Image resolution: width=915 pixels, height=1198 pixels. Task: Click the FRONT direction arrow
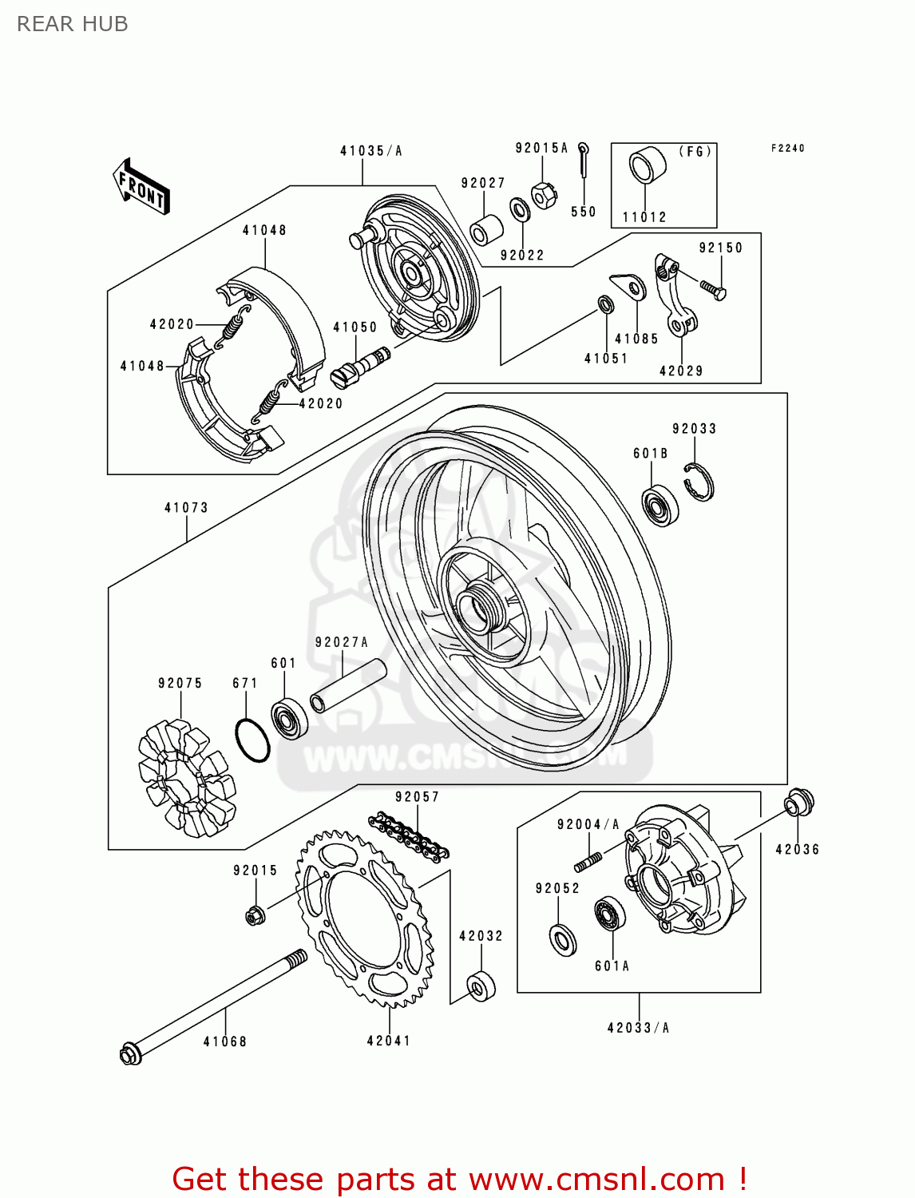click(142, 186)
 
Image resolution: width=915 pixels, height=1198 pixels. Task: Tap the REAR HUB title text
click(72, 24)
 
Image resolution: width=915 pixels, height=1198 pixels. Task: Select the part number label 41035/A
click(370, 151)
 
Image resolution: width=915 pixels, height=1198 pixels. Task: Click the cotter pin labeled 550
click(585, 160)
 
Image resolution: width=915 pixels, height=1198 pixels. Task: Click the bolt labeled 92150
click(713, 288)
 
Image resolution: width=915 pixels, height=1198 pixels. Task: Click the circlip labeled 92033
click(699, 482)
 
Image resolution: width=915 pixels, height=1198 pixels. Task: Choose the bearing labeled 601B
click(660, 505)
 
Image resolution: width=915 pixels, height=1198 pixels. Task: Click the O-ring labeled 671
click(252, 740)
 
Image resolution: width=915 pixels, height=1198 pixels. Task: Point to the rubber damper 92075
click(186, 778)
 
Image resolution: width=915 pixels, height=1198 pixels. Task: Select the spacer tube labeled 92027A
click(348, 685)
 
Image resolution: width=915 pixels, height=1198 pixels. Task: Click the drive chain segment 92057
click(409, 836)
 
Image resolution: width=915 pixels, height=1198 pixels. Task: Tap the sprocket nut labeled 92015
click(255, 914)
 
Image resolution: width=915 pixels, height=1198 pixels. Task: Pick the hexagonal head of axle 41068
click(130, 1054)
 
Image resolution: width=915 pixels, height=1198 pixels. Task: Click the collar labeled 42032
click(481, 986)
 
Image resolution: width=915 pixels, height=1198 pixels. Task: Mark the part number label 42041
click(389, 1041)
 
